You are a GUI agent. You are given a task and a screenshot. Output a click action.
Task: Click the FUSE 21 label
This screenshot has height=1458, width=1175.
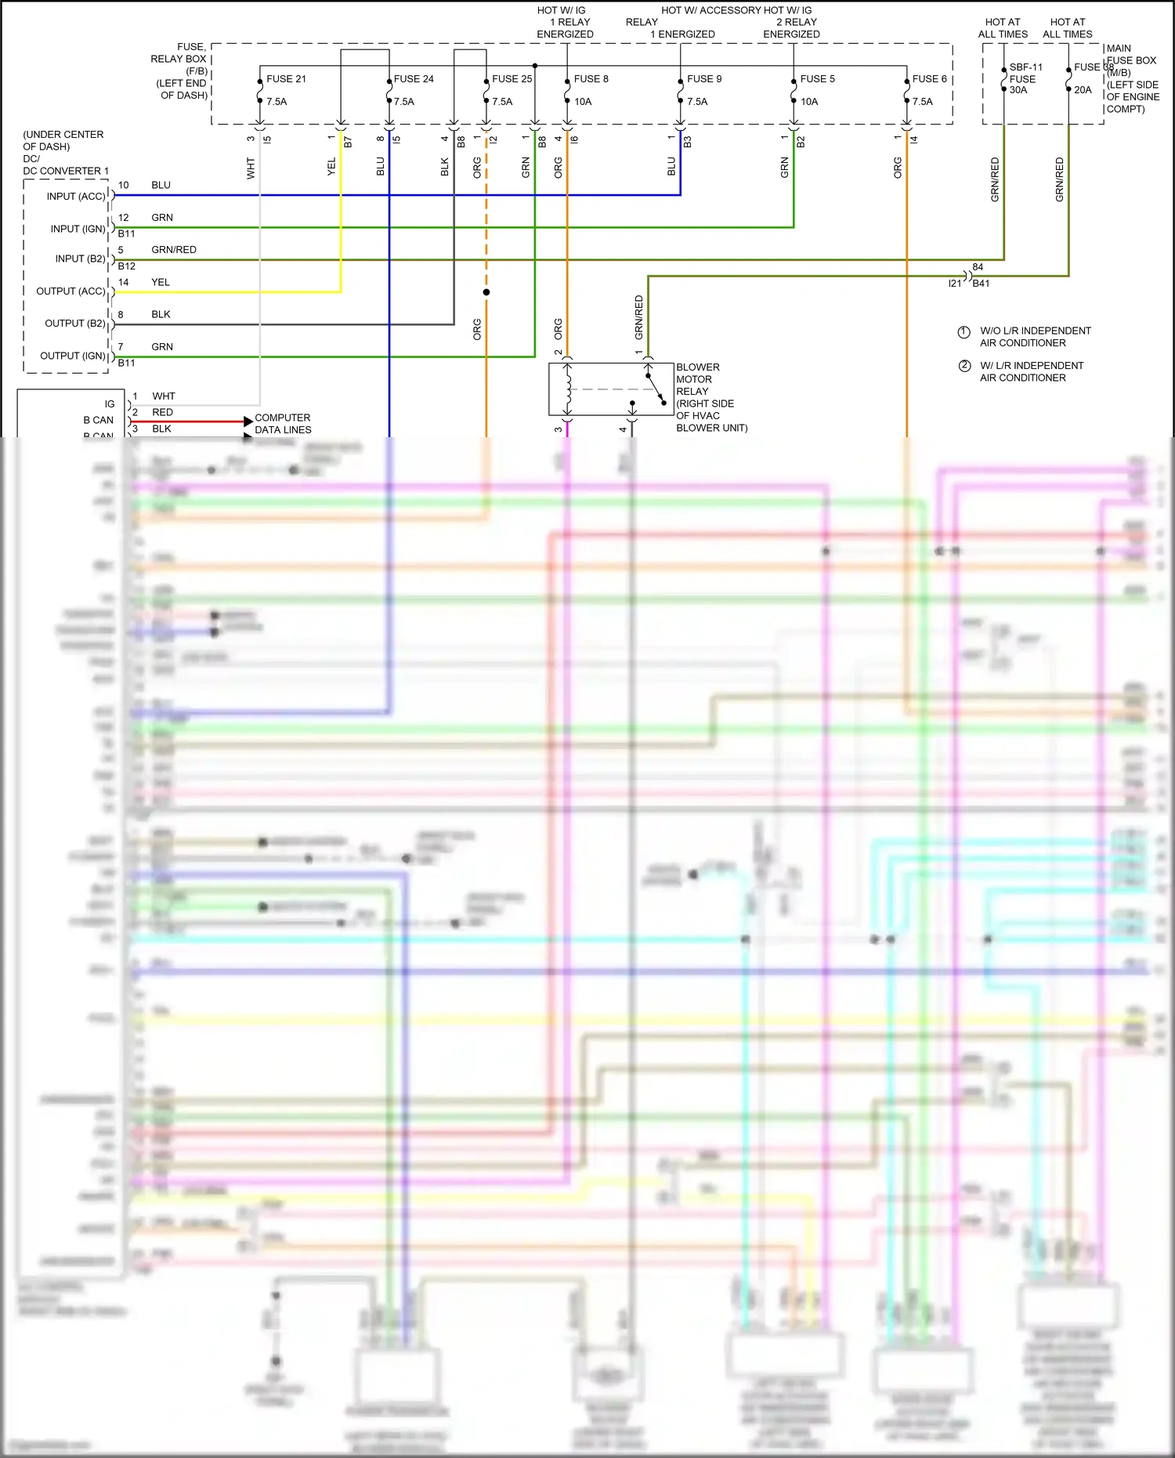pos(286,79)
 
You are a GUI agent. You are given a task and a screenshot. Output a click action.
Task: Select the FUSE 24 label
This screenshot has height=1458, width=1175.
pos(414,79)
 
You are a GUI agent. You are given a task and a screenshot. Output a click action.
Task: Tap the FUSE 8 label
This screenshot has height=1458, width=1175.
pos(591,79)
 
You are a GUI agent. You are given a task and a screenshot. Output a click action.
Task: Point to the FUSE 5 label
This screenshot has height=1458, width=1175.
pos(817,79)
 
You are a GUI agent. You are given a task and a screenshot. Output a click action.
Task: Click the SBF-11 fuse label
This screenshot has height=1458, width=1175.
pos(1025,68)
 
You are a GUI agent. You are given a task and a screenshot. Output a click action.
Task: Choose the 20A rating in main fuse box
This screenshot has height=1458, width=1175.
pos(1083,90)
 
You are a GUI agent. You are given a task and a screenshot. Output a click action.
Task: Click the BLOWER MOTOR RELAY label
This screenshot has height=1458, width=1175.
pos(697,379)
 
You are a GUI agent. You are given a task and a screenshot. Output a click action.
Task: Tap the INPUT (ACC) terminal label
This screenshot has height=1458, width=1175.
pos(76,197)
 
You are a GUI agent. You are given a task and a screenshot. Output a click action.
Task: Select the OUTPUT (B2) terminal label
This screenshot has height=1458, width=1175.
pos(75,324)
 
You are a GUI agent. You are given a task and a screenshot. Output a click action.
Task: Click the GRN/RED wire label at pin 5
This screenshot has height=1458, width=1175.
pos(174,250)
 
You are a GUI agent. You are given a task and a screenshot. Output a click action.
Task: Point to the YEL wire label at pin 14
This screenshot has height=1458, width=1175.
pos(161,282)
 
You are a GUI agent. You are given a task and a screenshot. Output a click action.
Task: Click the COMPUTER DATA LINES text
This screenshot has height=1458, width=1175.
pos(283,424)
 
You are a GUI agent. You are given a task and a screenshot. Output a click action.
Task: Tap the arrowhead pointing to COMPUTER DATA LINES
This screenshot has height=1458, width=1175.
pos(248,421)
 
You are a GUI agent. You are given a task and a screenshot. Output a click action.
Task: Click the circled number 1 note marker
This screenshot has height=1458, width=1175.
pos(964,332)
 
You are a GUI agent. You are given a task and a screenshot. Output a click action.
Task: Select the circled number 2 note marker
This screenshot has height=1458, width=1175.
pos(964,366)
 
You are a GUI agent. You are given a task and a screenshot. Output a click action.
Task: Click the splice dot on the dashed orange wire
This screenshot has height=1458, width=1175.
pos(486,292)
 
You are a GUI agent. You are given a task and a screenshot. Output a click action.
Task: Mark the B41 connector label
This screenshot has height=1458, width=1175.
pos(981,284)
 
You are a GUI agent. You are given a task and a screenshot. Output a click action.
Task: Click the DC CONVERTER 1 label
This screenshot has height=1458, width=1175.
pos(66,171)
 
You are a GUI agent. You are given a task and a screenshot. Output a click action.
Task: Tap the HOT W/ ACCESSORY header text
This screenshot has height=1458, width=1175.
pos(710,10)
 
